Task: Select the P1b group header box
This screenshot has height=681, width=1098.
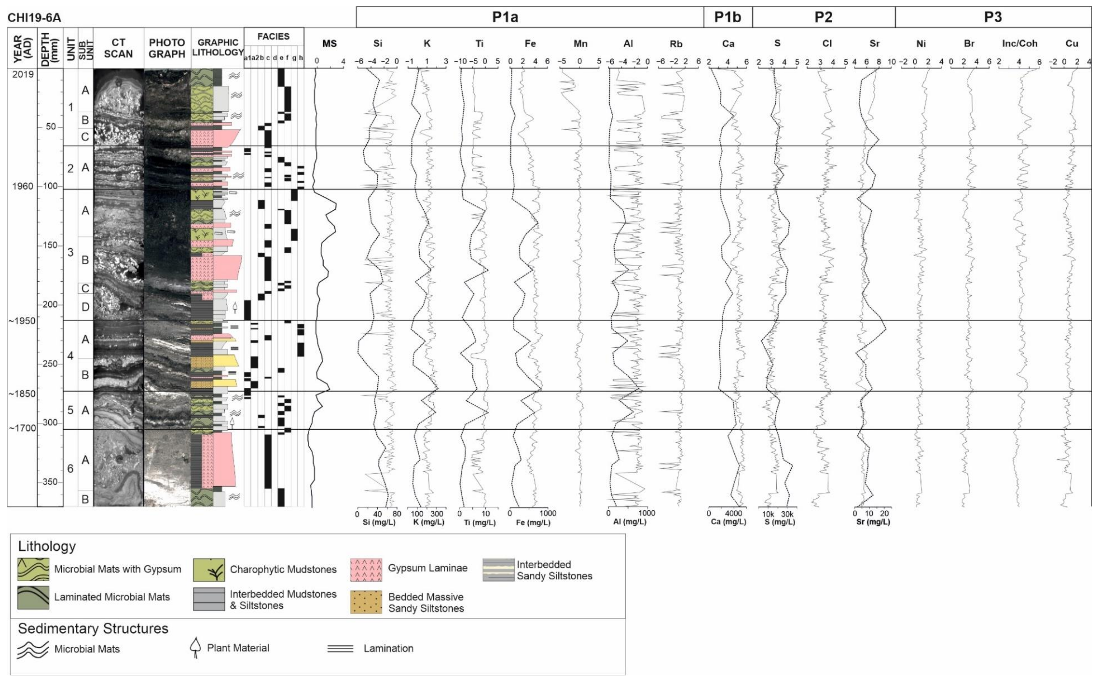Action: (x=728, y=17)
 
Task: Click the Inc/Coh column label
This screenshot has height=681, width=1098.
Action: (x=1020, y=44)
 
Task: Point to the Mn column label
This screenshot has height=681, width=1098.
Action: (x=580, y=44)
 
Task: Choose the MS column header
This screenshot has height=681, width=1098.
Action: (x=329, y=44)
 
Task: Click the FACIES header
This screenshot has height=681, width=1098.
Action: (x=273, y=36)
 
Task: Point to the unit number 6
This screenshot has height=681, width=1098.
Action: (x=70, y=468)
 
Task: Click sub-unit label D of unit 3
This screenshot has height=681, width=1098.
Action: (x=85, y=307)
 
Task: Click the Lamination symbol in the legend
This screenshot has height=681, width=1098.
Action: (x=340, y=649)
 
